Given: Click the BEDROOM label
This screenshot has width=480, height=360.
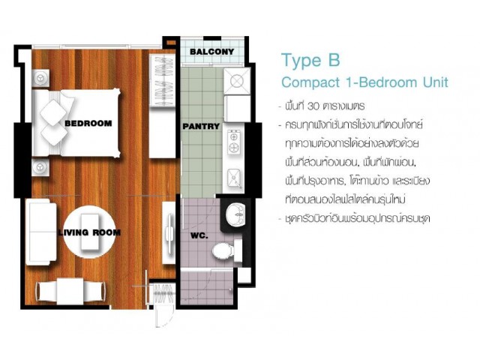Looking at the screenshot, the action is pos(88,123).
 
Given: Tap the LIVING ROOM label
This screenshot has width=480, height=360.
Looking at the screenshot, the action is pos(89,232).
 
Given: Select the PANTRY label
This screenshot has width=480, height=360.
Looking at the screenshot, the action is pos(201,126).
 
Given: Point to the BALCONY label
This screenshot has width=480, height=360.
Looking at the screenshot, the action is pos(211,52).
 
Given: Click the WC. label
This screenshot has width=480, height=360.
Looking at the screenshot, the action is pos(199,236).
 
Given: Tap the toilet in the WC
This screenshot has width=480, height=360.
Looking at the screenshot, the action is pos(226,250).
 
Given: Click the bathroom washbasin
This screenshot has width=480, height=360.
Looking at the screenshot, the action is pos(235,214).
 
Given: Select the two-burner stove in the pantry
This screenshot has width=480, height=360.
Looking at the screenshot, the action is pos(234,142).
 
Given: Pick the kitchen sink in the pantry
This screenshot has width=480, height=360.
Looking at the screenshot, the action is pos(235,178).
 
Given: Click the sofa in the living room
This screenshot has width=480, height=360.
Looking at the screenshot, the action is pos(41,232).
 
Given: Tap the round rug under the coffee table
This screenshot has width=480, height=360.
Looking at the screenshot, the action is pos(90,232).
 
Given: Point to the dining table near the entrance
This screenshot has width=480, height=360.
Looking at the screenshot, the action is pos(70,291).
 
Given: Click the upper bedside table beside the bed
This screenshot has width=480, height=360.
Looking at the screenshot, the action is pos(40,78).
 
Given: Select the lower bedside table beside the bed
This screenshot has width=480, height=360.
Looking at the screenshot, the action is pos(40,167).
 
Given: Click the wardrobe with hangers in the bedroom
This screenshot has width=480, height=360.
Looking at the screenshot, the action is pos(162,80).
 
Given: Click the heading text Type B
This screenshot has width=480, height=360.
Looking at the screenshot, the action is pos(310,60).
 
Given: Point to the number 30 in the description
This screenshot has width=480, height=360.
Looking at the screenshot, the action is pos(313,106).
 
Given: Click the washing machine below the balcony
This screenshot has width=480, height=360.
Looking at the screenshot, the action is pos(237,81).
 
